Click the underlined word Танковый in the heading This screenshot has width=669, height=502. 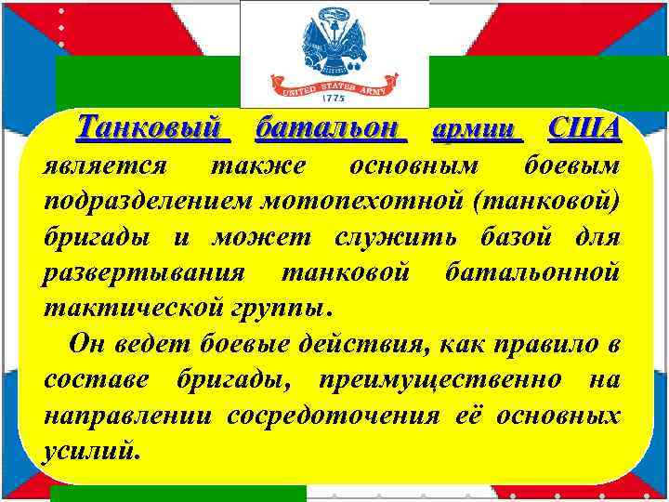(153, 127)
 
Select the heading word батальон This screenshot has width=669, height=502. (330, 127)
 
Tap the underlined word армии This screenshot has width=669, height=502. (477, 130)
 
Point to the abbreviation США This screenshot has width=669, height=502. (584, 127)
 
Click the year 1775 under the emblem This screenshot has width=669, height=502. (334, 98)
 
